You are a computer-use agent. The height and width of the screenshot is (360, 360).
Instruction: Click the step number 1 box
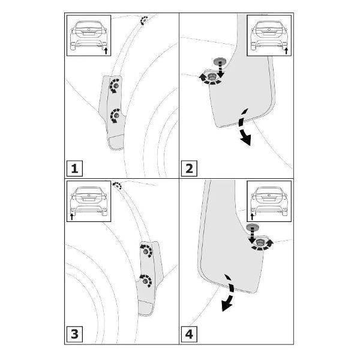tap(74, 169)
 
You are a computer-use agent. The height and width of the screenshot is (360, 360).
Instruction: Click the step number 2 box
tap(189, 169)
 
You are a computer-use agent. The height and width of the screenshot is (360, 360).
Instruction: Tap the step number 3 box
tap(74, 334)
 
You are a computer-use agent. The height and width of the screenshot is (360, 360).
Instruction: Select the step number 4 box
tap(189, 334)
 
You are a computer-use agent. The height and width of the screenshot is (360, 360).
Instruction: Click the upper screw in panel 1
tap(116, 86)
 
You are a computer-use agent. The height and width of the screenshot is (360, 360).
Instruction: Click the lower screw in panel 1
tap(116, 115)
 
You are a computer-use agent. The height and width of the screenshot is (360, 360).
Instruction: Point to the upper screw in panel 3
tap(146, 251)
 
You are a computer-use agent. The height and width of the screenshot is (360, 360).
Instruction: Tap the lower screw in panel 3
tap(145, 281)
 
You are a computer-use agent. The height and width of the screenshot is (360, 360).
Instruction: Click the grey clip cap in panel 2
tap(220, 61)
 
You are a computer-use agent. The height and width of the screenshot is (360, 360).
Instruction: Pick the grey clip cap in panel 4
tap(252, 227)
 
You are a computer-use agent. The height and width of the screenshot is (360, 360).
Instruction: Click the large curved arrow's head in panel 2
tap(245, 139)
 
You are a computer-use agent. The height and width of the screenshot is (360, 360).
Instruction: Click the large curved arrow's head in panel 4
tap(226, 305)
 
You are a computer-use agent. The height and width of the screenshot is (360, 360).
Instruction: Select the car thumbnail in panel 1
tap(89, 35)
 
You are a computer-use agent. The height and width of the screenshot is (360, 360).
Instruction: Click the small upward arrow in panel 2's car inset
tap(286, 51)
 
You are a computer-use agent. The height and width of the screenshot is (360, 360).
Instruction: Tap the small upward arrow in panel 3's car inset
tap(71, 217)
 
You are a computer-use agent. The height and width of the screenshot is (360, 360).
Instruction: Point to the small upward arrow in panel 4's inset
tap(252, 217)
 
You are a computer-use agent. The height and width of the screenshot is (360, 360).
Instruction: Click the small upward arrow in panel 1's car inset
tap(106, 51)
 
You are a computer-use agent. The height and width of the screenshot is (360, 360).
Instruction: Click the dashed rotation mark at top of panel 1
tap(144, 20)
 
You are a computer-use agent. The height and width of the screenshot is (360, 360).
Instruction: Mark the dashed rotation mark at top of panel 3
tap(117, 185)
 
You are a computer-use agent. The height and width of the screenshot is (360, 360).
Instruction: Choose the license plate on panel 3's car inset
tap(89, 199)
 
